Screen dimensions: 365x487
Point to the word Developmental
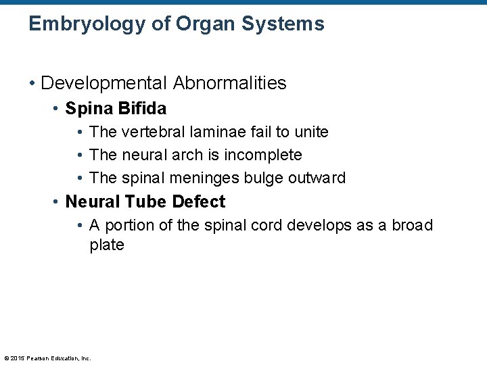[x=104, y=83]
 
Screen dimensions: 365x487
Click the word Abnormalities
[x=230, y=83]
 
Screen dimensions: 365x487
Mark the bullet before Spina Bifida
[x=57, y=108]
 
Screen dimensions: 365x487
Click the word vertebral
[x=152, y=132]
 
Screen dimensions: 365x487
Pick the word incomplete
[x=263, y=155]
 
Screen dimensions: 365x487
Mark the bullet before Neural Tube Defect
[x=57, y=201]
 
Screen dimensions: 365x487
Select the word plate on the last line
[x=107, y=245]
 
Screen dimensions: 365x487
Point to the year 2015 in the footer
[x=18, y=358]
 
